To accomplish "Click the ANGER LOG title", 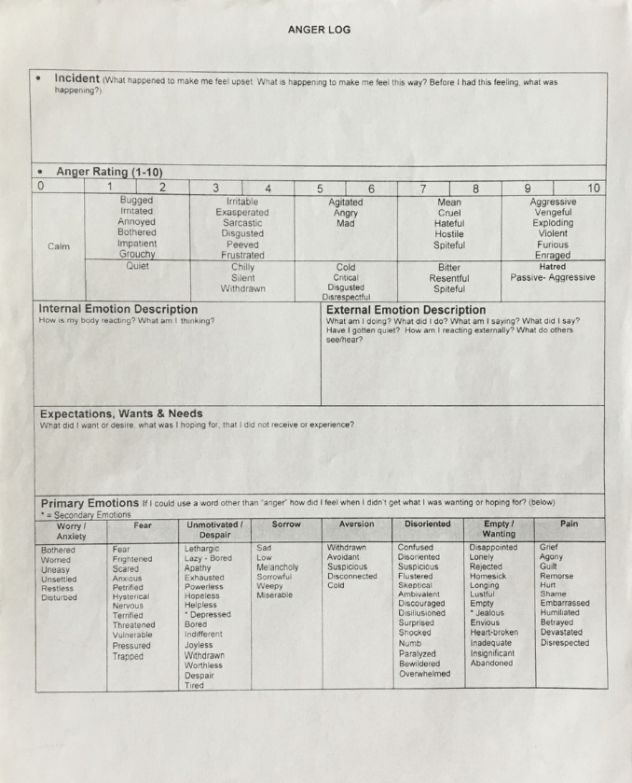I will pos(320,30).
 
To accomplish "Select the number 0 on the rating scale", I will pos(40,188).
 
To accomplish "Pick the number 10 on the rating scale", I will pos(594,189).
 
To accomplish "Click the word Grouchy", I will pos(136,254).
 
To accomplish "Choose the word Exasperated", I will pos(242,213).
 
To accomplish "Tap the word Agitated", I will pos(346,202).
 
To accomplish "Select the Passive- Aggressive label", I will pos(553,278).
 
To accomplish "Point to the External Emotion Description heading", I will pos(406,310).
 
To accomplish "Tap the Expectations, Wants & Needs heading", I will pos(121,413).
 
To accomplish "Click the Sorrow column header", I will pos(286,525).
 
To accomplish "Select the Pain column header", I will pos(569,524).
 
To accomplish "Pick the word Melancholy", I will pos(278,567).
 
